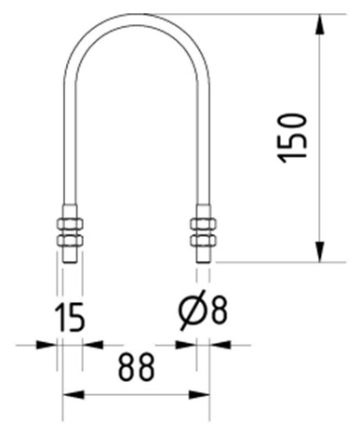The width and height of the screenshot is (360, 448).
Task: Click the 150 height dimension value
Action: click(x=292, y=138)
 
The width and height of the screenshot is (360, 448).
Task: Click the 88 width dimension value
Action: click(x=136, y=367)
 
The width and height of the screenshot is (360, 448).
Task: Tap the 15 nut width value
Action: click(x=70, y=317)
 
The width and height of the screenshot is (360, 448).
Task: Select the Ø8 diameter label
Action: click(x=203, y=310)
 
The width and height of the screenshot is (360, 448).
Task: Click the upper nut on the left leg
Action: click(x=70, y=224)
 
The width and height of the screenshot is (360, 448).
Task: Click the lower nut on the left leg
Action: click(x=70, y=241)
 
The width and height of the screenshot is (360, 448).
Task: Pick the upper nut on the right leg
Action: click(x=203, y=224)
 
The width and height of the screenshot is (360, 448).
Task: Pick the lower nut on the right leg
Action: click(x=203, y=241)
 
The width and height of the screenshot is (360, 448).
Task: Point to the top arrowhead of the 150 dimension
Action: click(x=320, y=24)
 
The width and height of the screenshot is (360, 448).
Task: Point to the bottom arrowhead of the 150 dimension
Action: click(x=320, y=252)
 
